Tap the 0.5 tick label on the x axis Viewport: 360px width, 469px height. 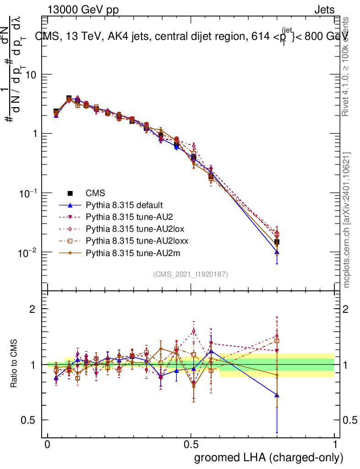pyautogui.click(x=191, y=445)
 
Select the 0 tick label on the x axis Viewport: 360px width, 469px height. pyautogui.click(x=48, y=445)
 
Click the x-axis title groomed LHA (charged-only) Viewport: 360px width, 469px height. pyautogui.click(x=269, y=458)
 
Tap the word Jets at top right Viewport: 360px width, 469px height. pyautogui.click(x=324, y=11)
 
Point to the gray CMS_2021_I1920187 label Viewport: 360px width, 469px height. pyautogui.click(x=191, y=274)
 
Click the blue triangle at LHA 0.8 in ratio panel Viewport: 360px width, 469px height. pyautogui.click(x=277, y=395)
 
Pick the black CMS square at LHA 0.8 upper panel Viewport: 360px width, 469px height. pyautogui.click(x=277, y=242)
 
